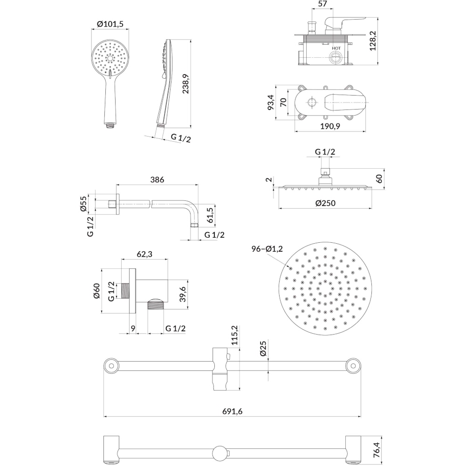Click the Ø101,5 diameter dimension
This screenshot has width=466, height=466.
110,24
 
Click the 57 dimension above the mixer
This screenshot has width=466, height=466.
322,4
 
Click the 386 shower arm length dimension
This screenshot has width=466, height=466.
157,180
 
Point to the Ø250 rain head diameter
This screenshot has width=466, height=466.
325,203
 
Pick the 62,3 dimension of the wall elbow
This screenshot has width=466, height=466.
144,254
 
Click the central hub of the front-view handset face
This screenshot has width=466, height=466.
110,58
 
